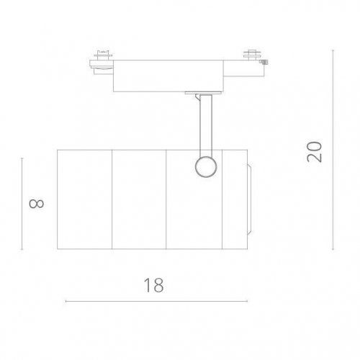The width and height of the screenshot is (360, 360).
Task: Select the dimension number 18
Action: [153, 284]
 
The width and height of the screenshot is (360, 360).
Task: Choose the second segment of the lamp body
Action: [140, 200]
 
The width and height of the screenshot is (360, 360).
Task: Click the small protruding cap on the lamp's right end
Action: [248, 200]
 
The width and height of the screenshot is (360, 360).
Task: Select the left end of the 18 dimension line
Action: [66, 301]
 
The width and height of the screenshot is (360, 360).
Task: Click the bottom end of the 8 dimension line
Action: [22, 249]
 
